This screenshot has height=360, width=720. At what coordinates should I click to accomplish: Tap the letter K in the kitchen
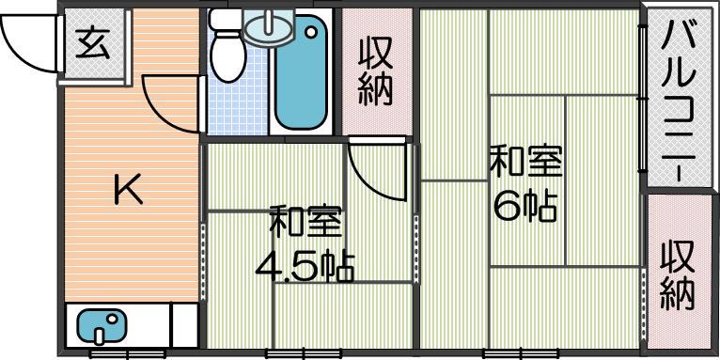point(128,191)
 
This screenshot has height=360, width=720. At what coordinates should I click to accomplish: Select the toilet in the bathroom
point(227,46)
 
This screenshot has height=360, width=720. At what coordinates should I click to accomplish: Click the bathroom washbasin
point(268,27)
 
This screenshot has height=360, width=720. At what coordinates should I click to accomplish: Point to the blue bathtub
point(301,72)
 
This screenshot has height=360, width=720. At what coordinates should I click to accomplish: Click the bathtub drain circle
point(312,32)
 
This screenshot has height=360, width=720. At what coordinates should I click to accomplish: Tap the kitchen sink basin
point(102,326)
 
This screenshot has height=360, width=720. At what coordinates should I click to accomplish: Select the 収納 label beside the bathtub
point(376,71)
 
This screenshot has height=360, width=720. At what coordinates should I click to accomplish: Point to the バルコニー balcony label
point(679,97)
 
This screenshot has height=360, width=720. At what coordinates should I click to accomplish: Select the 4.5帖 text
point(305,266)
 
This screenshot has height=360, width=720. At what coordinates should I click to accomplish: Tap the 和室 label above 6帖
point(525,161)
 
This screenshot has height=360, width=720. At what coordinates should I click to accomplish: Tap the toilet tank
point(226,20)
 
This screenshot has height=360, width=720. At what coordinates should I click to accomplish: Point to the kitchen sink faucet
point(100,335)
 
